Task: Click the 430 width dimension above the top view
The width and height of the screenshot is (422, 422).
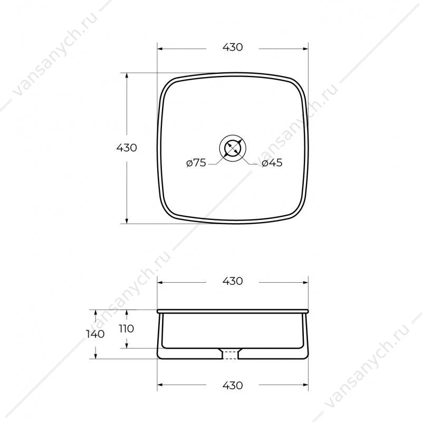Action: (x=233, y=47)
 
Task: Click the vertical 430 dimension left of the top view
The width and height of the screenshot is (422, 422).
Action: (x=127, y=148)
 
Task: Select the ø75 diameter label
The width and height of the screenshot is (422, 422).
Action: (x=196, y=162)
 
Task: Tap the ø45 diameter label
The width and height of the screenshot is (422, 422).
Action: (x=272, y=162)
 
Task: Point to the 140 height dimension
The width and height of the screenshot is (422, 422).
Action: (x=95, y=334)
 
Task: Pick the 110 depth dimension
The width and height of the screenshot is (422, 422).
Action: (x=126, y=329)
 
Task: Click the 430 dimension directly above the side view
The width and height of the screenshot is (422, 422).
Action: (x=233, y=281)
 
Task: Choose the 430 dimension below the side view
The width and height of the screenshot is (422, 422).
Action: (x=233, y=386)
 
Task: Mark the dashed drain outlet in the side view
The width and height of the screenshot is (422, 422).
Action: (x=230, y=354)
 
